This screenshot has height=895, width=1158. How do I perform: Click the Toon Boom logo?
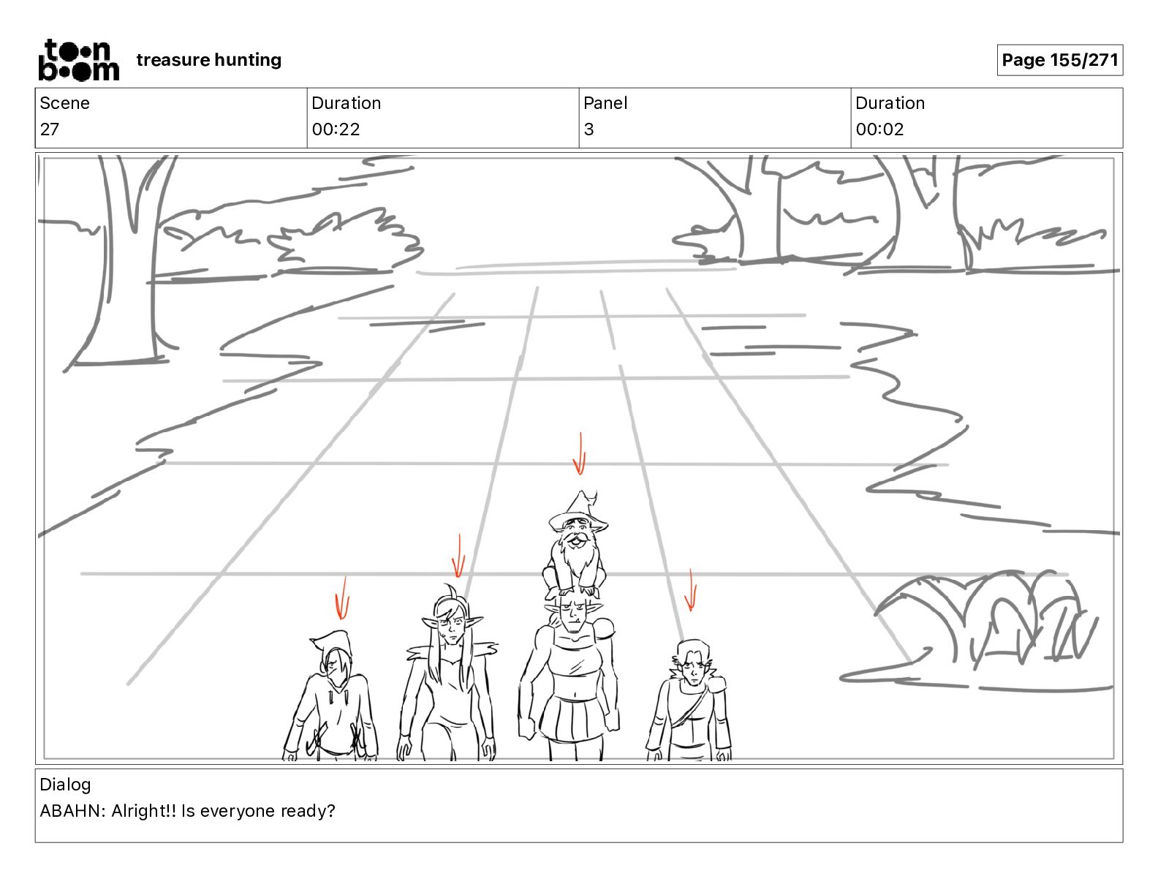[x=78, y=60]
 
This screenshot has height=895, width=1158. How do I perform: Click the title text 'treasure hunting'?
[x=208, y=60]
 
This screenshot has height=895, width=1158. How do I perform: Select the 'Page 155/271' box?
[x=1059, y=60]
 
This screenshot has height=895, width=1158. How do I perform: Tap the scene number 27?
[x=50, y=129]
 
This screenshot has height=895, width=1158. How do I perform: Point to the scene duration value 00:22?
[x=336, y=129]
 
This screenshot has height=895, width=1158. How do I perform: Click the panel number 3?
[x=589, y=129]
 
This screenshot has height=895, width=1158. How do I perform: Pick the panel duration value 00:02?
[x=879, y=129]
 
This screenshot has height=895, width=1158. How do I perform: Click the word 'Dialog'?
[x=65, y=785]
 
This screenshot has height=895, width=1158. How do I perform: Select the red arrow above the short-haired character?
[x=690, y=590]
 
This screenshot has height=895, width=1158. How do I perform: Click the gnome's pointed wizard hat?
[x=580, y=508]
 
